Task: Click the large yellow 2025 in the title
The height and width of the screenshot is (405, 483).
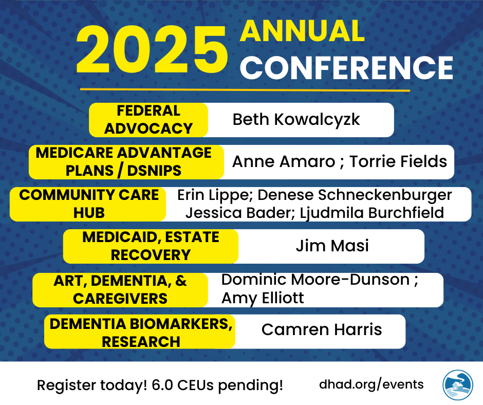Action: click(x=152, y=50)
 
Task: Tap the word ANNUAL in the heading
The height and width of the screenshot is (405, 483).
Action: click(x=302, y=31)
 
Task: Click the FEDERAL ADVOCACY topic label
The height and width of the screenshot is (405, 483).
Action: click(x=148, y=120)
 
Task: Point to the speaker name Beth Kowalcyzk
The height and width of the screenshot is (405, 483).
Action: click(x=296, y=120)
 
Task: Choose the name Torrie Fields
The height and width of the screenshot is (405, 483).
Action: click(x=398, y=161)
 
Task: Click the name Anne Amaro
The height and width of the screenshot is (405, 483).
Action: click(x=284, y=161)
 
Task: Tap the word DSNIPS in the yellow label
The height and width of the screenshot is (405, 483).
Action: click(x=154, y=171)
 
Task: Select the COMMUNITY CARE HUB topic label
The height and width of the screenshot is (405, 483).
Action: click(x=89, y=204)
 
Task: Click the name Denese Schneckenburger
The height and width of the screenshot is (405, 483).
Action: click(x=355, y=195)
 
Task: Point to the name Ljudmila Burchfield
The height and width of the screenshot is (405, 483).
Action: click(x=372, y=213)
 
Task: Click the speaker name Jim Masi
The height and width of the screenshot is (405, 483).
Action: click(x=332, y=246)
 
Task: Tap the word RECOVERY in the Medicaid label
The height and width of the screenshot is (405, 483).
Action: click(x=151, y=255)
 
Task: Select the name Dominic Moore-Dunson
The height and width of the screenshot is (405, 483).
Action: click(x=315, y=280)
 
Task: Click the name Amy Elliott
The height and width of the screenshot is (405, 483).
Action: click(x=263, y=298)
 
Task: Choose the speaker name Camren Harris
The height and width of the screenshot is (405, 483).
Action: click(x=322, y=329)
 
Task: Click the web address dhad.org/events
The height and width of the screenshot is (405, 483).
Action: click(x=371, y=384)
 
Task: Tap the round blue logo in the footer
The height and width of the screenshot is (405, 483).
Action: click(x=458, y=385)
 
